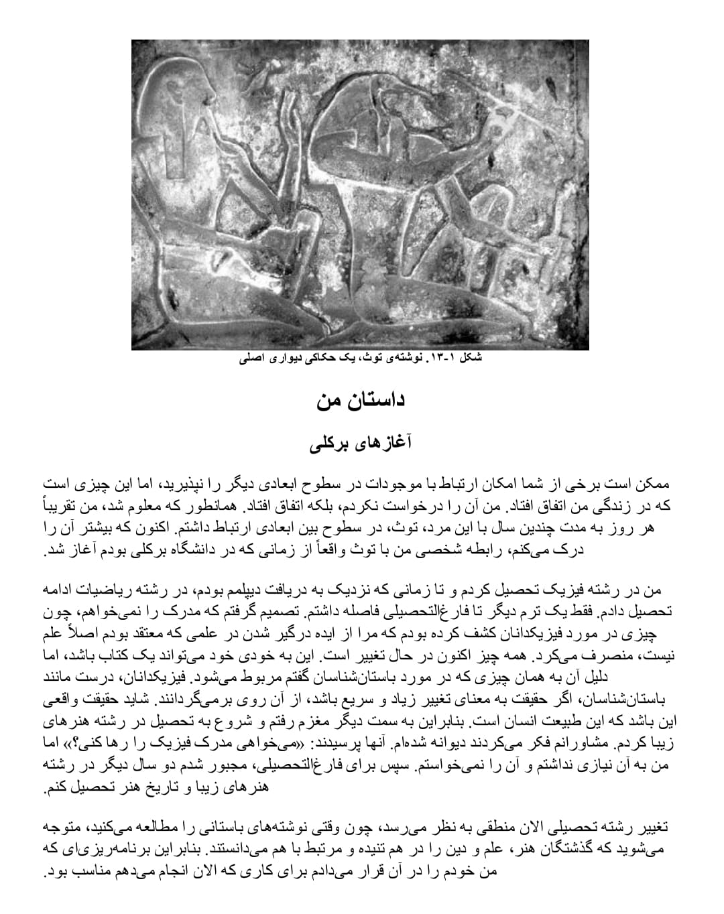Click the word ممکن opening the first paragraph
pos(653,484)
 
